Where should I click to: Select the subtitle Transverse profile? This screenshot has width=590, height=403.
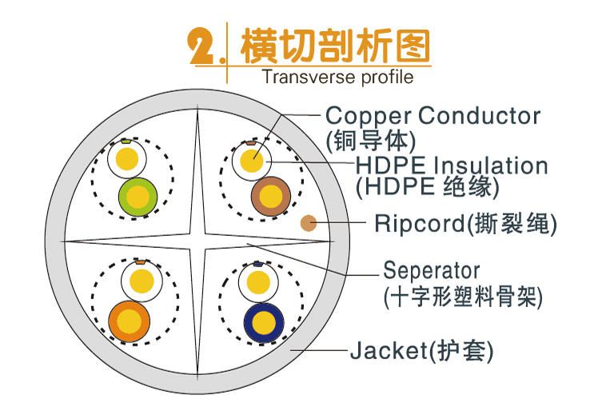tap(337, 78)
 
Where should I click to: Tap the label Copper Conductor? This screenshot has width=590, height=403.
tap(433, 116)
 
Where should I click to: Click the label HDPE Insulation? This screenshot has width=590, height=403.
tap(452, 166)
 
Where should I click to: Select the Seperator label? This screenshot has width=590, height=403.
tap(431, 269)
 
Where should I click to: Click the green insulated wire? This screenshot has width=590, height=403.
tap(138, 196)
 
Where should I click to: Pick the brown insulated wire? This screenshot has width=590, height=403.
tap(269, 196)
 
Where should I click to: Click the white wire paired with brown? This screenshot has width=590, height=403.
tap(252, 158)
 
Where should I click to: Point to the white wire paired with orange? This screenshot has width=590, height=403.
tap(141, 281)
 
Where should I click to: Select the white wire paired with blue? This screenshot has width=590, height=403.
tap(257, 281)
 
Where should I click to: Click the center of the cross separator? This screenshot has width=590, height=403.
tap(197, 240)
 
